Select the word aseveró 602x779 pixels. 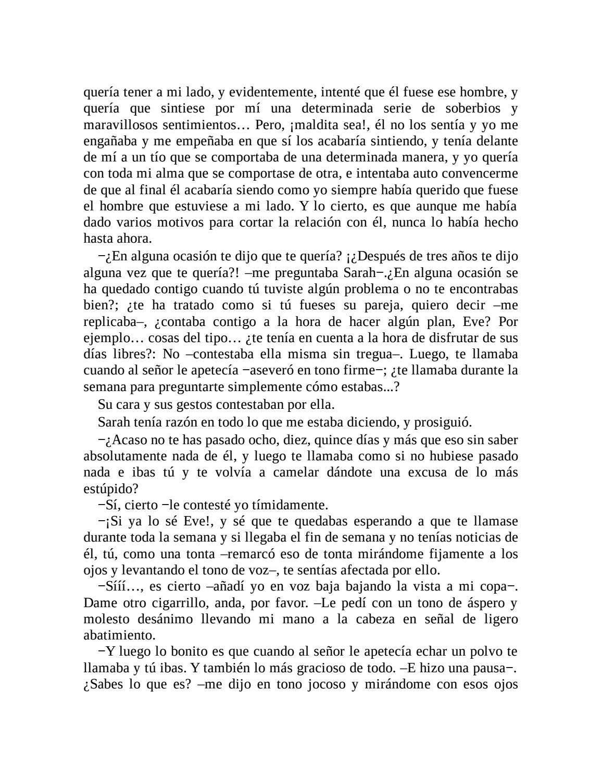pos(271,370)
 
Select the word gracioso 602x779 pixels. pos(336,668)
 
